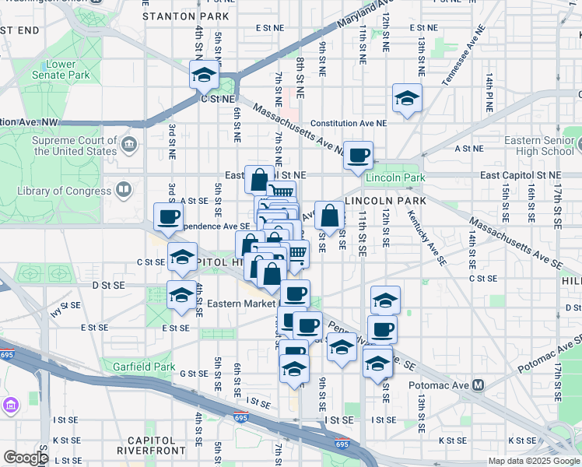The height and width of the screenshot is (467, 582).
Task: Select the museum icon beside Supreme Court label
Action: tap(129, 144)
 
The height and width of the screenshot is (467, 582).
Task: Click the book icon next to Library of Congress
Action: tap(123, 190)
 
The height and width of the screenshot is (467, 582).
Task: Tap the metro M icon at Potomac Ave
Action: tap(479, 385)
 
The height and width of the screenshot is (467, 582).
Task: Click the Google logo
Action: tap(26, 458)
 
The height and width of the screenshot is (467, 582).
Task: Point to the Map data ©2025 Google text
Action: tap(534, 461)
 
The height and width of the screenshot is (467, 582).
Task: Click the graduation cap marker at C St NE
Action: tap(204, 76)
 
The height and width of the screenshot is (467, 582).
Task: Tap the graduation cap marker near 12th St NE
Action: tap(406, 99)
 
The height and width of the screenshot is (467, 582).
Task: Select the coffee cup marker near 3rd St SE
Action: tap(168, 217)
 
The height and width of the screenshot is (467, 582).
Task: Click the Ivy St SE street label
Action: tap(65, 311)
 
